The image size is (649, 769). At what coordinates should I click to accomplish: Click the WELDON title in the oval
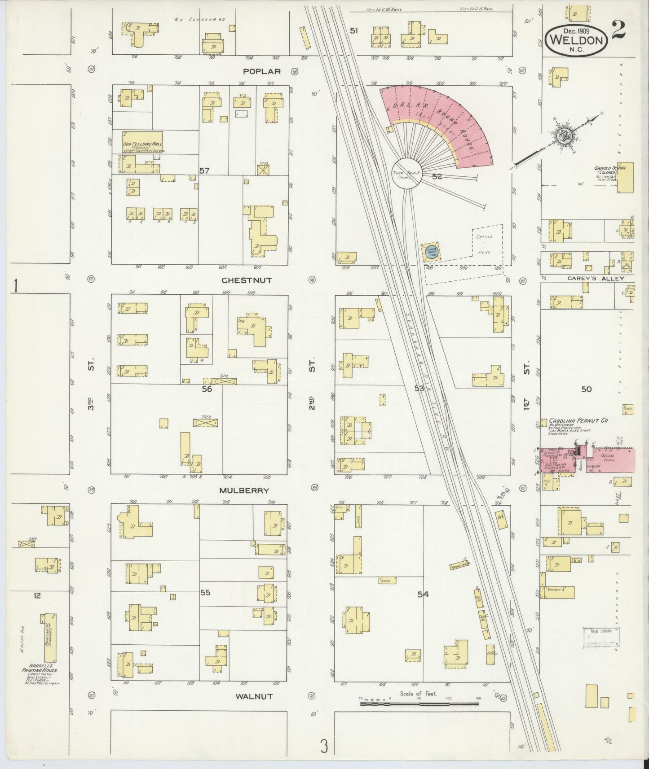tap(576, 39)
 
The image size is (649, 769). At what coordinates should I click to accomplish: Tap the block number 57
tap(204, 170)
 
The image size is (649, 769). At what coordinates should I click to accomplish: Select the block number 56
tap(207, 389)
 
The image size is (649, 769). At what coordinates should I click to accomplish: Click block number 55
tap(205, 593)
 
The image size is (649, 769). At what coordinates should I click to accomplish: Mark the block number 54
tap(423, 594)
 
